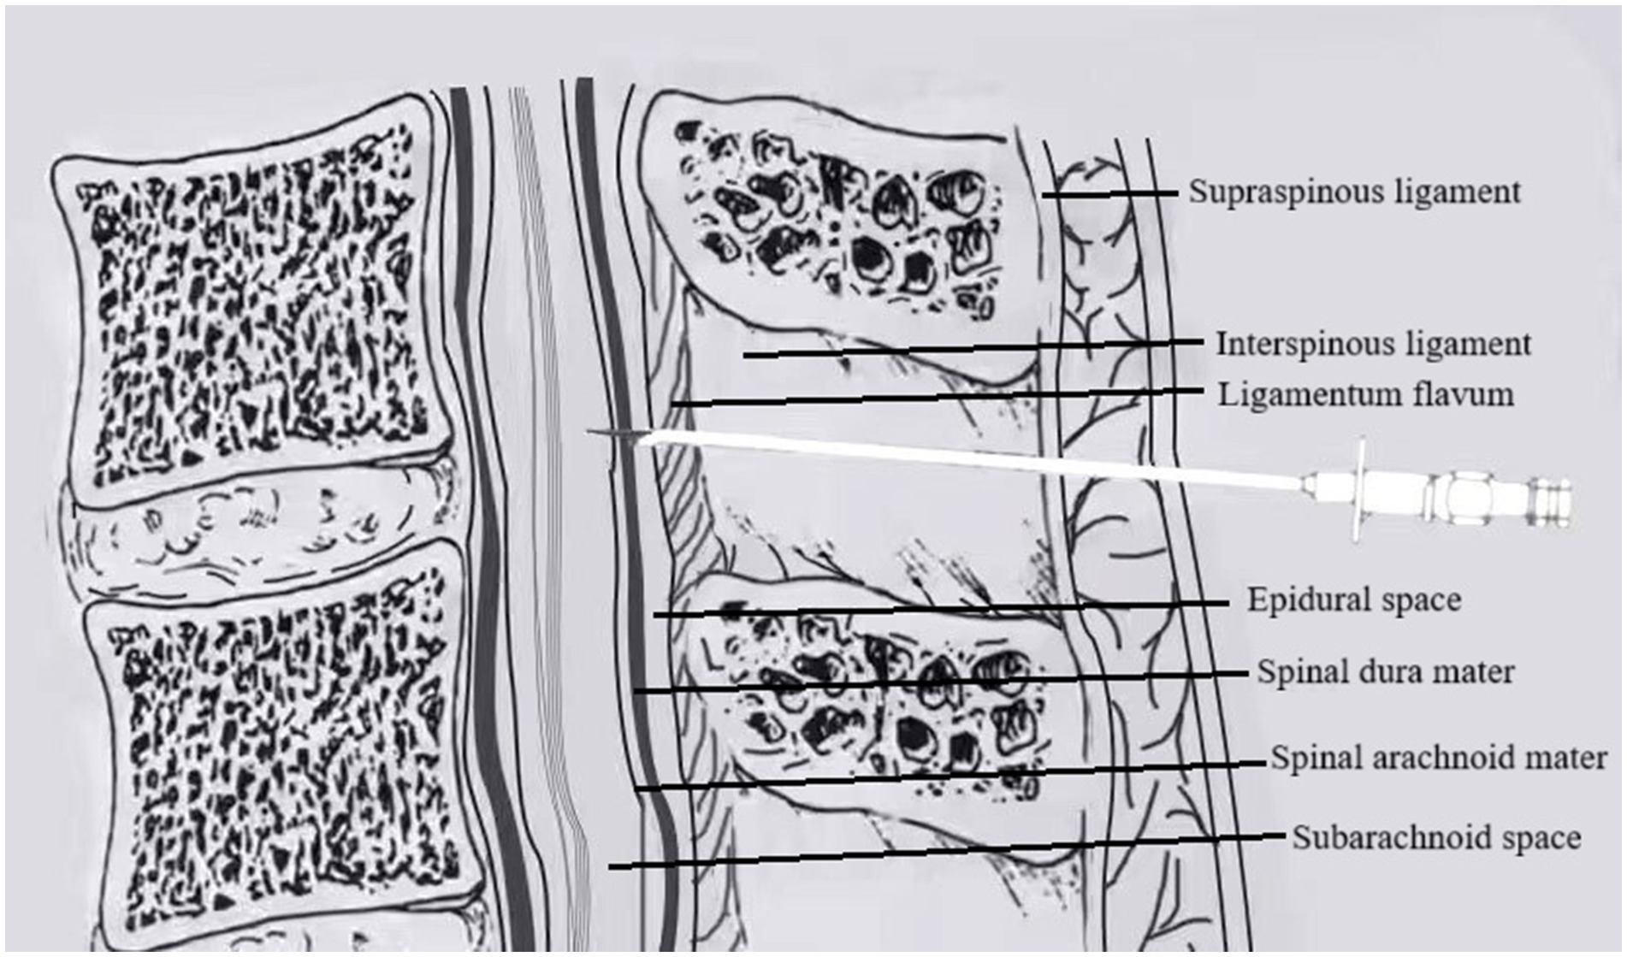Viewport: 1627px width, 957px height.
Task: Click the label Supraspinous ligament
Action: tap(1354, 192)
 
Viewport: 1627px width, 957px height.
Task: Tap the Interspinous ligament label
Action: tap(1373, 345)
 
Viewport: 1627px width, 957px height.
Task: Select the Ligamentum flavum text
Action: tap(1365, 395)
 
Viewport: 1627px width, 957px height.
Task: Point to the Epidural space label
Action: tap(1353, 600)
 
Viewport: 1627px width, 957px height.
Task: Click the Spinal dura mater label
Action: tap(1385, 672)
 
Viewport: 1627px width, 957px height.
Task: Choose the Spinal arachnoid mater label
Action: tap(1438, 758)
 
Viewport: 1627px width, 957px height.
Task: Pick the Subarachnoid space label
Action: tap(1435, 837)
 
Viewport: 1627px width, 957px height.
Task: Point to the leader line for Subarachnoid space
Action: tap(941, 850)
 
